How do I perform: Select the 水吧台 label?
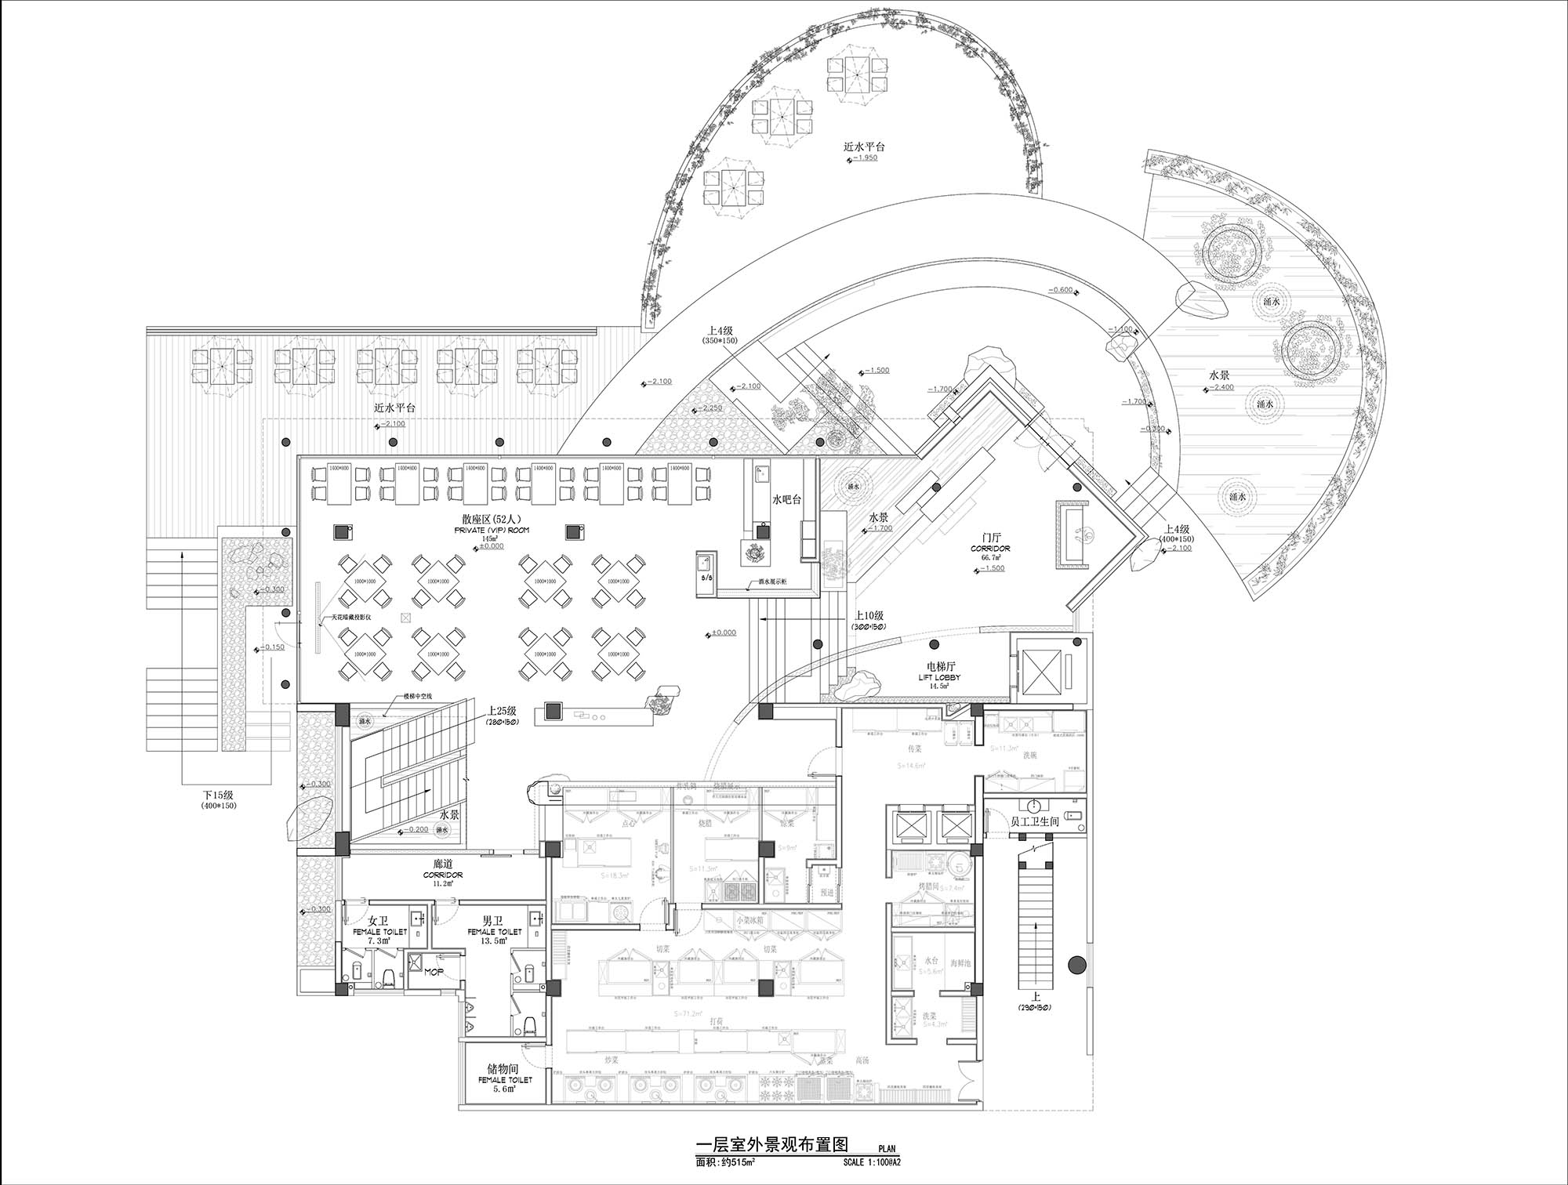(x=786, y=499)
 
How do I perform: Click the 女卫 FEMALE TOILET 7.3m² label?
(x=379, y=930)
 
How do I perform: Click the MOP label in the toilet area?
(x=434, y=972)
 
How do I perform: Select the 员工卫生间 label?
(x=1035, y=821)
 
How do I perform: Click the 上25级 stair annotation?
(x=502, y=711)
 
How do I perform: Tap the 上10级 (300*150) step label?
(x=869, y=621)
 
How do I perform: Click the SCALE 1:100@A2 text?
(x=872, y=1163)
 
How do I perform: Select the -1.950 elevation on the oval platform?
(x=864, y=158)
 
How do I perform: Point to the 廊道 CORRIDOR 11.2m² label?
(x=448, y=872)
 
